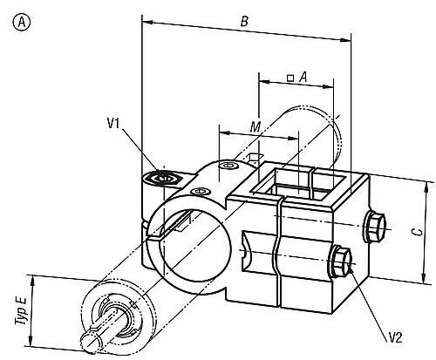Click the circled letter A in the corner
(22, 23)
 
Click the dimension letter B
(244, 22)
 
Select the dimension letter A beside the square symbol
(303, 78)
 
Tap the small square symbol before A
(290, 78)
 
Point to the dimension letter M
(255, 127)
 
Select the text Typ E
(21, 310)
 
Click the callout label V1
(113, 124)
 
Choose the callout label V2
(396, 338)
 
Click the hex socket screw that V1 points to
(163, 178)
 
